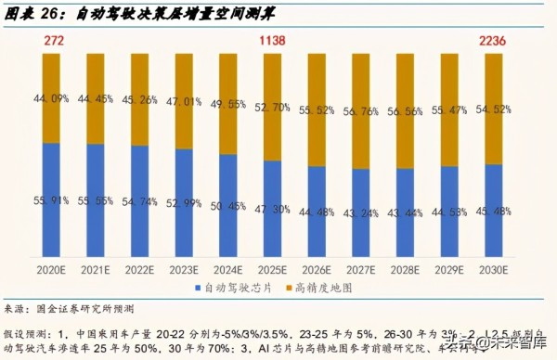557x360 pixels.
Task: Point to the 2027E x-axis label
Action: click(358, 269)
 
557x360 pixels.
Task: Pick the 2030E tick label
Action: click(492, 269)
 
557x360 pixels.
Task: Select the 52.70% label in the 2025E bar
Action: click(270, 107)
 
